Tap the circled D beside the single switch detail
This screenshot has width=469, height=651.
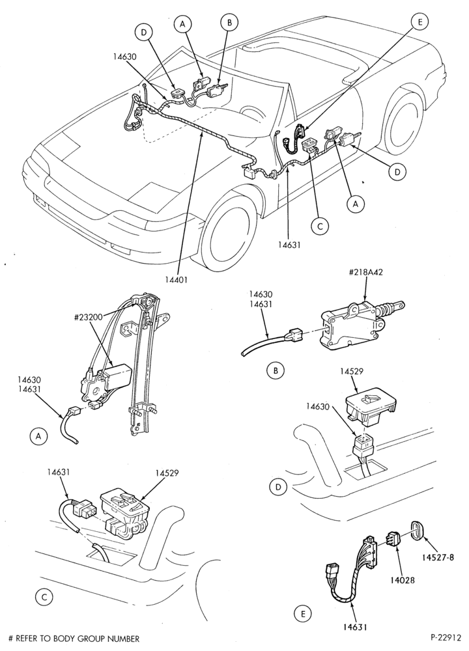tap(278, 487)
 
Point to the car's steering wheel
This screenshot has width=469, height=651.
tap(249, 114)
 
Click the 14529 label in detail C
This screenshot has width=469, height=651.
tap(167, 473)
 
